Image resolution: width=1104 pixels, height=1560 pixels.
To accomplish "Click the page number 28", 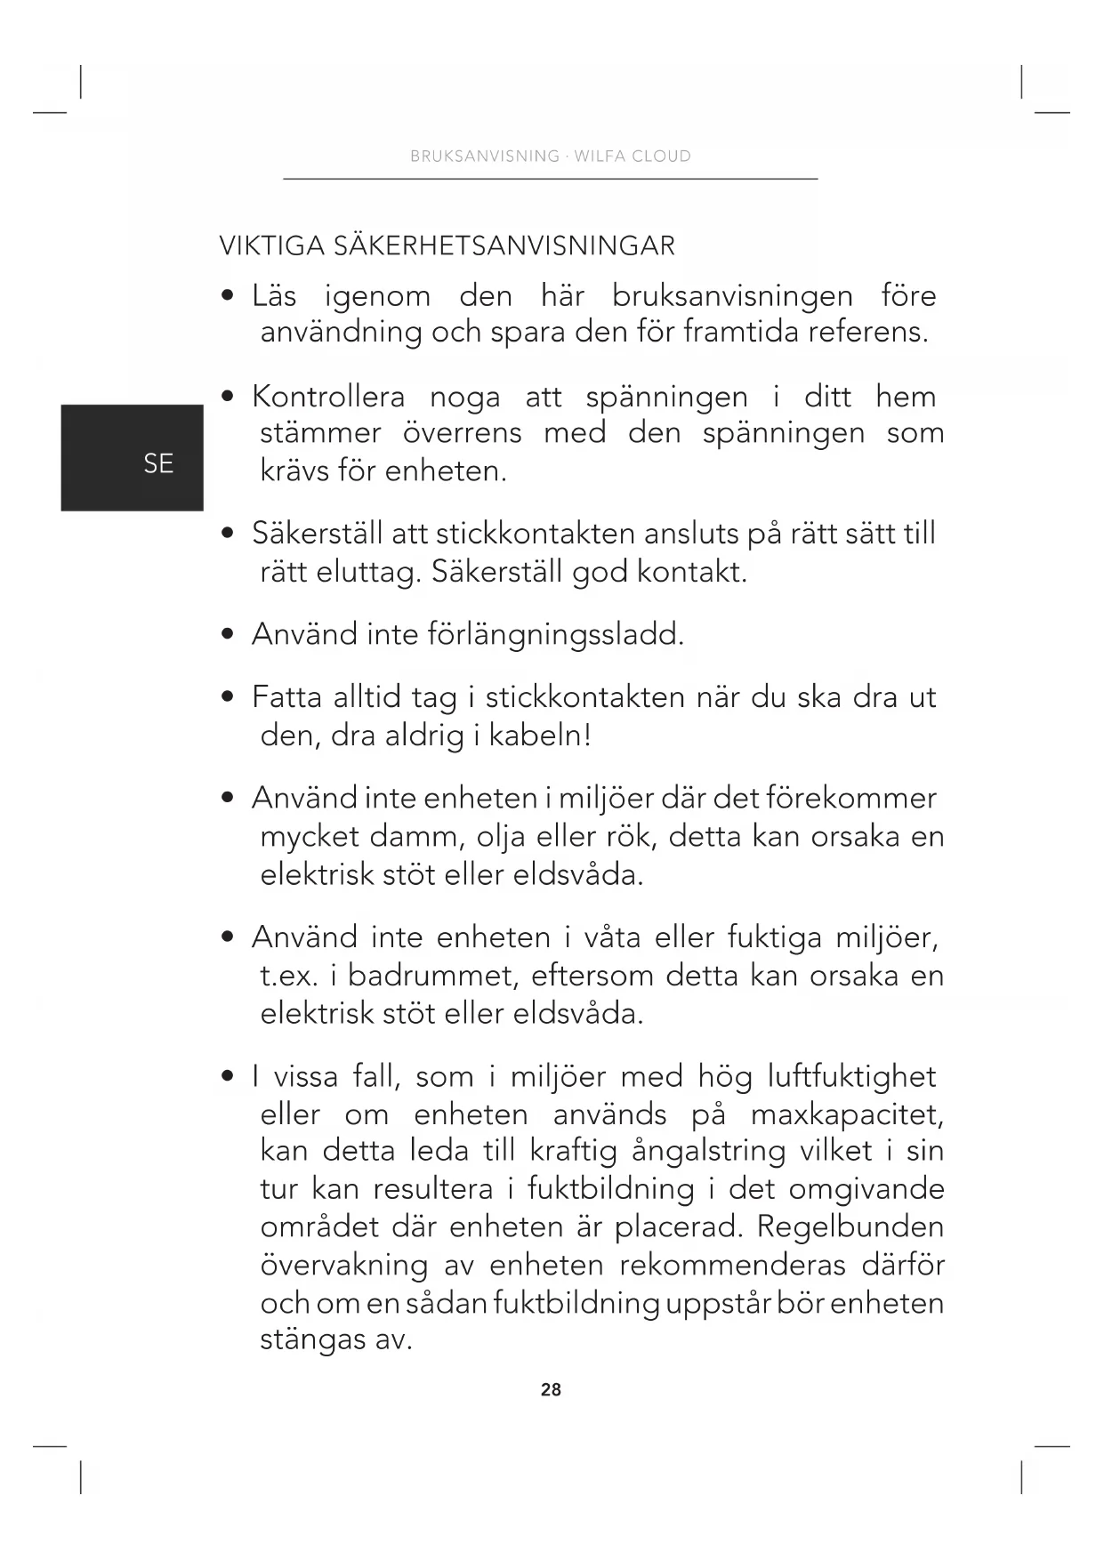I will pos(551,1389).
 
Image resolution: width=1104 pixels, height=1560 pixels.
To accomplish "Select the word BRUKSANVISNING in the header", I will pos(484,157).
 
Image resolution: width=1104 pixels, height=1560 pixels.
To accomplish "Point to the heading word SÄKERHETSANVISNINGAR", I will pos(504,245).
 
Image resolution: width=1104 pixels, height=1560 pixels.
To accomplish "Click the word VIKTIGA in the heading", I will pos(272,245).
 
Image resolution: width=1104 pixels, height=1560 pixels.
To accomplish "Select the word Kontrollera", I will pos(328,396).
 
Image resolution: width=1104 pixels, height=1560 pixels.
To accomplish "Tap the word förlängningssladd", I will pos(556,634).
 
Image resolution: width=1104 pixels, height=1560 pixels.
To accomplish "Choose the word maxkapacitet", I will pos(847,1114).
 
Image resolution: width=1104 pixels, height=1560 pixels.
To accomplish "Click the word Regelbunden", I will pos(850,1226).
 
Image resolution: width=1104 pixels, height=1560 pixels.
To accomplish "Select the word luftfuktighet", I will pos(851,1076).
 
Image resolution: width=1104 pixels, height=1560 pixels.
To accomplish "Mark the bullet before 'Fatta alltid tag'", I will pos(229,697).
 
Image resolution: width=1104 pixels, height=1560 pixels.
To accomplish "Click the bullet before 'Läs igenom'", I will pos(229,295).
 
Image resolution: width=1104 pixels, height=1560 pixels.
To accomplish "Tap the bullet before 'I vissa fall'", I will pos(229,1076).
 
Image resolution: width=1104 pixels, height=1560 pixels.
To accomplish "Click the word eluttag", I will pos(367,571).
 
